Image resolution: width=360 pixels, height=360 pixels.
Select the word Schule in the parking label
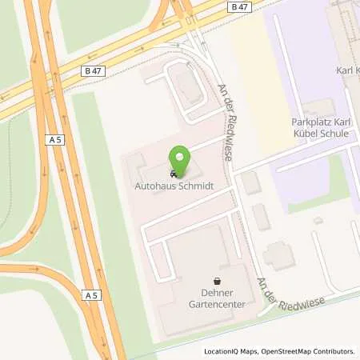coord(333,134)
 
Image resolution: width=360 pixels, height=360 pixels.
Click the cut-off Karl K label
coord(347,70)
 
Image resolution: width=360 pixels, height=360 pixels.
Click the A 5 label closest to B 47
coord(54,139)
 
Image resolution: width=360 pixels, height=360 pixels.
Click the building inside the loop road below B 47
coord(190,93)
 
